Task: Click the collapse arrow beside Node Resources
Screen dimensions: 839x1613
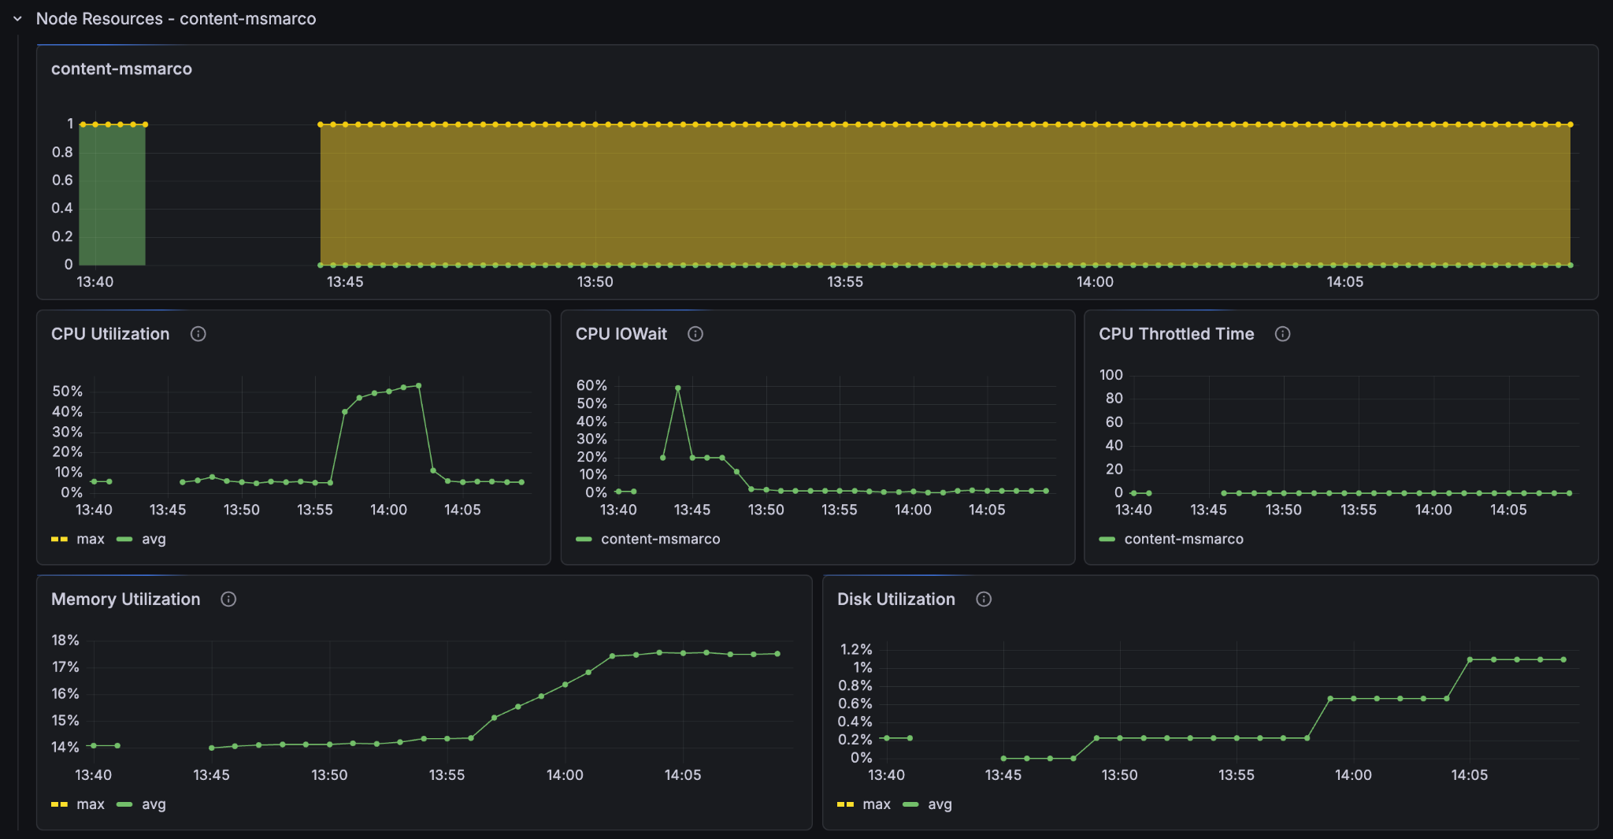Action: coord(17,19)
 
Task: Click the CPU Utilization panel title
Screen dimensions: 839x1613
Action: coord(110,334)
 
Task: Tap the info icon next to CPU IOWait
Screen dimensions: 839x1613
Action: coord(695,334)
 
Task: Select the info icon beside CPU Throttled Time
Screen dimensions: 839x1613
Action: coord(1282,334)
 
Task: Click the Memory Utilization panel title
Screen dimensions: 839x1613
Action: coord(126,600)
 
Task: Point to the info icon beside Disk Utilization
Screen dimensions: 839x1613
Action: coord(984,600)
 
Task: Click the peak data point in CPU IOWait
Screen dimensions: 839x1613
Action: coord(677,388)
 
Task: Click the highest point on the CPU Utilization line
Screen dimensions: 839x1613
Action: coord(418,386)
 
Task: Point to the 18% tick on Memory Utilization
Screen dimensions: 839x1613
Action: coord(65,640)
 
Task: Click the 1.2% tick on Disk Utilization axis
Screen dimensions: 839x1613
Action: coord(856,650)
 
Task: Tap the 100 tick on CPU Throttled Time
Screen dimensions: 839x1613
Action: coord(1111,375)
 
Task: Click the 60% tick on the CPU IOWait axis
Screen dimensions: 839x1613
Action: coord(591,386)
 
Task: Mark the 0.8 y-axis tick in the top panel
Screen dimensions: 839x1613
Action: coord(62,152)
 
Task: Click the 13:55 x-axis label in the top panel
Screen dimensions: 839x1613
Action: coord(845,282)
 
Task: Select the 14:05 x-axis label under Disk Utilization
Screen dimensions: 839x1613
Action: coord(1470,775)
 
